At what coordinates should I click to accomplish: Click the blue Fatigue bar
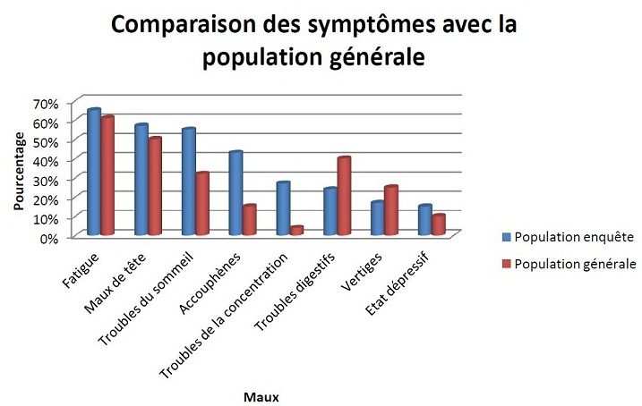tap(93, 173)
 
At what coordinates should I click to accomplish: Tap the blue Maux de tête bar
tap(141, 180)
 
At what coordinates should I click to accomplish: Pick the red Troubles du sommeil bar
tap(202, 204)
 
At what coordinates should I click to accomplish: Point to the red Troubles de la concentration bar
tap(296, 231)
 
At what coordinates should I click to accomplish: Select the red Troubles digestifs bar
tap(344, 196)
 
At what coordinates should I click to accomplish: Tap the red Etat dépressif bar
tap(439, 224)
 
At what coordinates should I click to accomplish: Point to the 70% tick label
tap(46, 103)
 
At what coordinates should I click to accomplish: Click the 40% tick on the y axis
tap(46, 160)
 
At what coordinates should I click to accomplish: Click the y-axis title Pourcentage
tap(19, 170)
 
